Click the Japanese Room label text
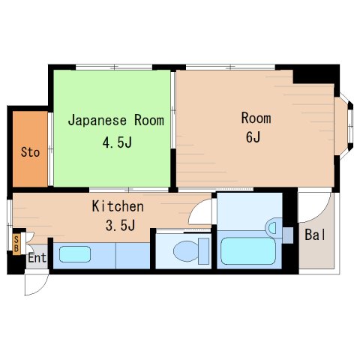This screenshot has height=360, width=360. pos(116,120)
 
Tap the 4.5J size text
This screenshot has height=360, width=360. pos(116,142)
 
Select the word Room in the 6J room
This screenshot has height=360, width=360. pos(256,118)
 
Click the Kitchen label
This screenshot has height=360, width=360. pos(118,206)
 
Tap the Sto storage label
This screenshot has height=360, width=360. pos(30,153)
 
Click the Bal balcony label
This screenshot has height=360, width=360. pos(315,235)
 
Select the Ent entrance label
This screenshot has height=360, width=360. pos(37,258)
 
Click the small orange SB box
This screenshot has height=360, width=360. pos(16,244)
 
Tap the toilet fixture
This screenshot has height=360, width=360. pos(184,250)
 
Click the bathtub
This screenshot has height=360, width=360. pos(250,251)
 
